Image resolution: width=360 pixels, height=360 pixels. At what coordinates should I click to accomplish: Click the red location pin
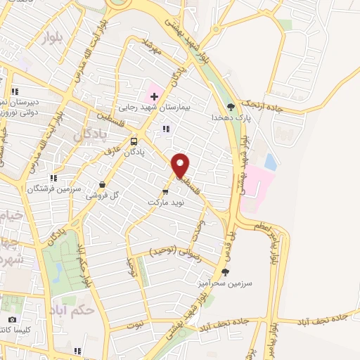(x=181, y=165)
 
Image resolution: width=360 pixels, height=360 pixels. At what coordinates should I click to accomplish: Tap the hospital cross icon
(x=154, y=96)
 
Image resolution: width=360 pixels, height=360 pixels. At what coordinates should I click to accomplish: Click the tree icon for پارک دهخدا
(x=231, y=107)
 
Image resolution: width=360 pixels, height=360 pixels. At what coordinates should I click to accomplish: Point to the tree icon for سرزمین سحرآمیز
(x=225, y=272)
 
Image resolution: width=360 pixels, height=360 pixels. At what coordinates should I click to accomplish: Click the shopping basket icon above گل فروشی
(x=103, y=185)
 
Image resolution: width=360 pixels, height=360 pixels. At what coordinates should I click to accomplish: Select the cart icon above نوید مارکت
(x=167, y=191)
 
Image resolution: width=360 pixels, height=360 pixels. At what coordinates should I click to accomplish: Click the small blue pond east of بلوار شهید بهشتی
(x=271, y=162)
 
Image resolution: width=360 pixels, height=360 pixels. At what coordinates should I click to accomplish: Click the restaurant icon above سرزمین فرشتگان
(x=53, y=178)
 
